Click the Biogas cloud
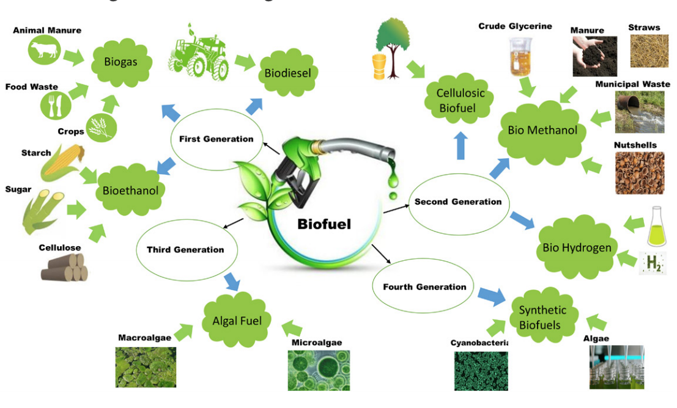click(x=121, y=62)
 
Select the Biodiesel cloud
click(x=287, y=73)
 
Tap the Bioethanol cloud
click(x=130, y=190)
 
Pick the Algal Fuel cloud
click(x=237, y=321)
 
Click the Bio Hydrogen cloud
click(x=577, y=247)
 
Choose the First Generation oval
click(x=216, y=139)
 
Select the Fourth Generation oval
click(x=424, y=286)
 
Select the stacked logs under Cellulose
click(x=64, y=267)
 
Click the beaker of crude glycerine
click(x=519, y=59)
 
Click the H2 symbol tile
click(x=652, y=263)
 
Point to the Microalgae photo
click(x=319, y=370)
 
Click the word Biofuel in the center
click(x=324, y=224)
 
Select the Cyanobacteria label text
click(x=479, y=343)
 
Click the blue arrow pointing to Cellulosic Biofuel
click(x=461, y=145)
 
